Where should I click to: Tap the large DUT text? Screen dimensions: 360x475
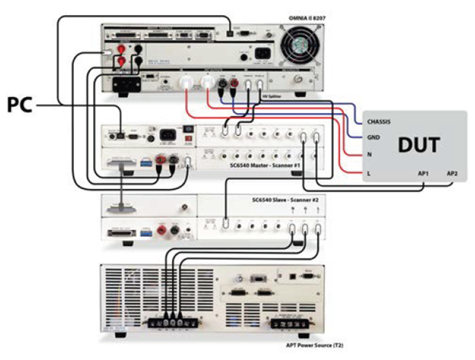click(419, 146)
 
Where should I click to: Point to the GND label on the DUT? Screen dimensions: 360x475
click(373, 138)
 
